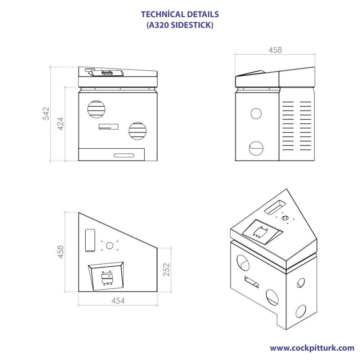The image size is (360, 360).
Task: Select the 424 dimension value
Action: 60,123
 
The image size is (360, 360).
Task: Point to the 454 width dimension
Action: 118,301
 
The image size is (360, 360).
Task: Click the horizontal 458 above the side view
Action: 275,50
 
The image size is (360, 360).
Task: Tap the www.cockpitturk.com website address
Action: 312,348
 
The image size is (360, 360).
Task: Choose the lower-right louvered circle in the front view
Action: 138,131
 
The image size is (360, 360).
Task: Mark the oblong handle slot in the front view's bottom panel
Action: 124,155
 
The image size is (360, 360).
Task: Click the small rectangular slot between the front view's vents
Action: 108,126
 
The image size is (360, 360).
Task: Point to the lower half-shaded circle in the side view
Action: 256,148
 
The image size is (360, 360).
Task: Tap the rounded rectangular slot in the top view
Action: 90,240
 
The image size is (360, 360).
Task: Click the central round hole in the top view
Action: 110,246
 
